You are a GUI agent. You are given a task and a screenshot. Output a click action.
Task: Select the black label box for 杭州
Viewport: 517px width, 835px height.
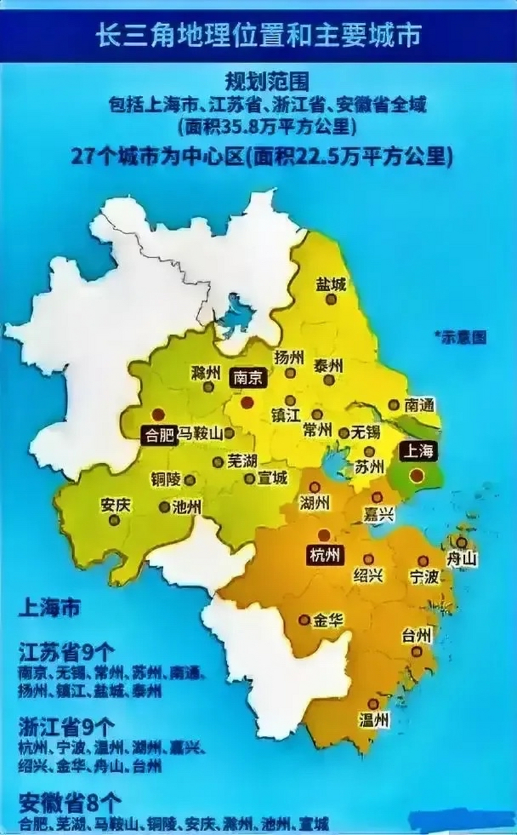tap(324, 556)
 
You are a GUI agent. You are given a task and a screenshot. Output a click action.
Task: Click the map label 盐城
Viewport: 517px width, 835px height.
tap(331, 284)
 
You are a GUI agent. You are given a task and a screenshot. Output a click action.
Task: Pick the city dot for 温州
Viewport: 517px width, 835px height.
tap(373, 704)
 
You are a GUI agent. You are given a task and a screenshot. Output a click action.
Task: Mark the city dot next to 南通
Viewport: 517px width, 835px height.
tap(393, 404)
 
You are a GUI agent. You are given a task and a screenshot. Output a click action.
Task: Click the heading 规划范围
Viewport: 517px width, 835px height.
tap(267, 82)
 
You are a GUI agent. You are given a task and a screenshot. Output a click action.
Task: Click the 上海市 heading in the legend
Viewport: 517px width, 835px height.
tap(50, 609)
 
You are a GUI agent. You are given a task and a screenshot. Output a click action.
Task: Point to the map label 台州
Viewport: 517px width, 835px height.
tap(417, 634)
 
